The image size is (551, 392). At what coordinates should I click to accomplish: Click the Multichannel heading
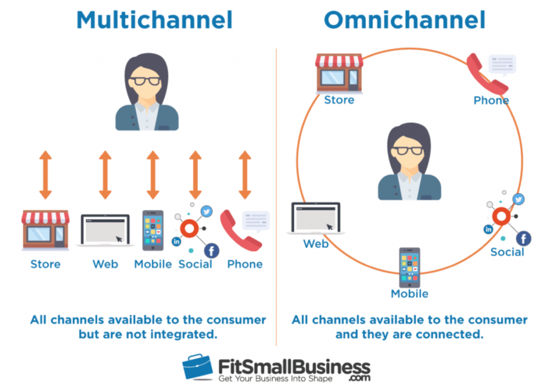click(155, 20)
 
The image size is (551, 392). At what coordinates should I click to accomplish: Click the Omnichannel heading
click(404, 20)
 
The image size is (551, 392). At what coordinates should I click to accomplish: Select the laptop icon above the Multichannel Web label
click(105, 230)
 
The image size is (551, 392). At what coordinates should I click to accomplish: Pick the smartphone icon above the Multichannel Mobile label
click(153, 230)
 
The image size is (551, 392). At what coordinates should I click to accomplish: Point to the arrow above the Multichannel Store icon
click(46, 175)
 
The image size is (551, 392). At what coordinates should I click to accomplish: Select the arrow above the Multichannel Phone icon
click(245, 175)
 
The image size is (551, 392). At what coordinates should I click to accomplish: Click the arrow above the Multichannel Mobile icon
click(153, 175)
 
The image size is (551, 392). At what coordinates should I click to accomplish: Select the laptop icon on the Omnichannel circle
click(315, 219)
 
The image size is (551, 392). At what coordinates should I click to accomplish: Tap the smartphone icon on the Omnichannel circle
click(409, 267)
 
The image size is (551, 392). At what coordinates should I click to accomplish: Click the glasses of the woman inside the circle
click(409, 150)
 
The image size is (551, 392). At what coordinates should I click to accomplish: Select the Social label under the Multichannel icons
click(195, 264)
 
